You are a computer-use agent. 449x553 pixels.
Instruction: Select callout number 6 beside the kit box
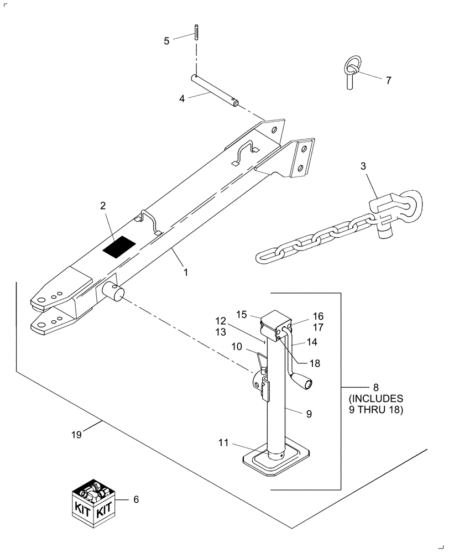click(136, 499)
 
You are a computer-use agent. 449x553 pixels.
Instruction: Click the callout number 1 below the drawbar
click(186, 272)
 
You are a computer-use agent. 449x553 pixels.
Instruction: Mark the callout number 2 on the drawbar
click(103, 206)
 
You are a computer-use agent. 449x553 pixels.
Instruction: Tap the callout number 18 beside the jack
click(315, 364)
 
